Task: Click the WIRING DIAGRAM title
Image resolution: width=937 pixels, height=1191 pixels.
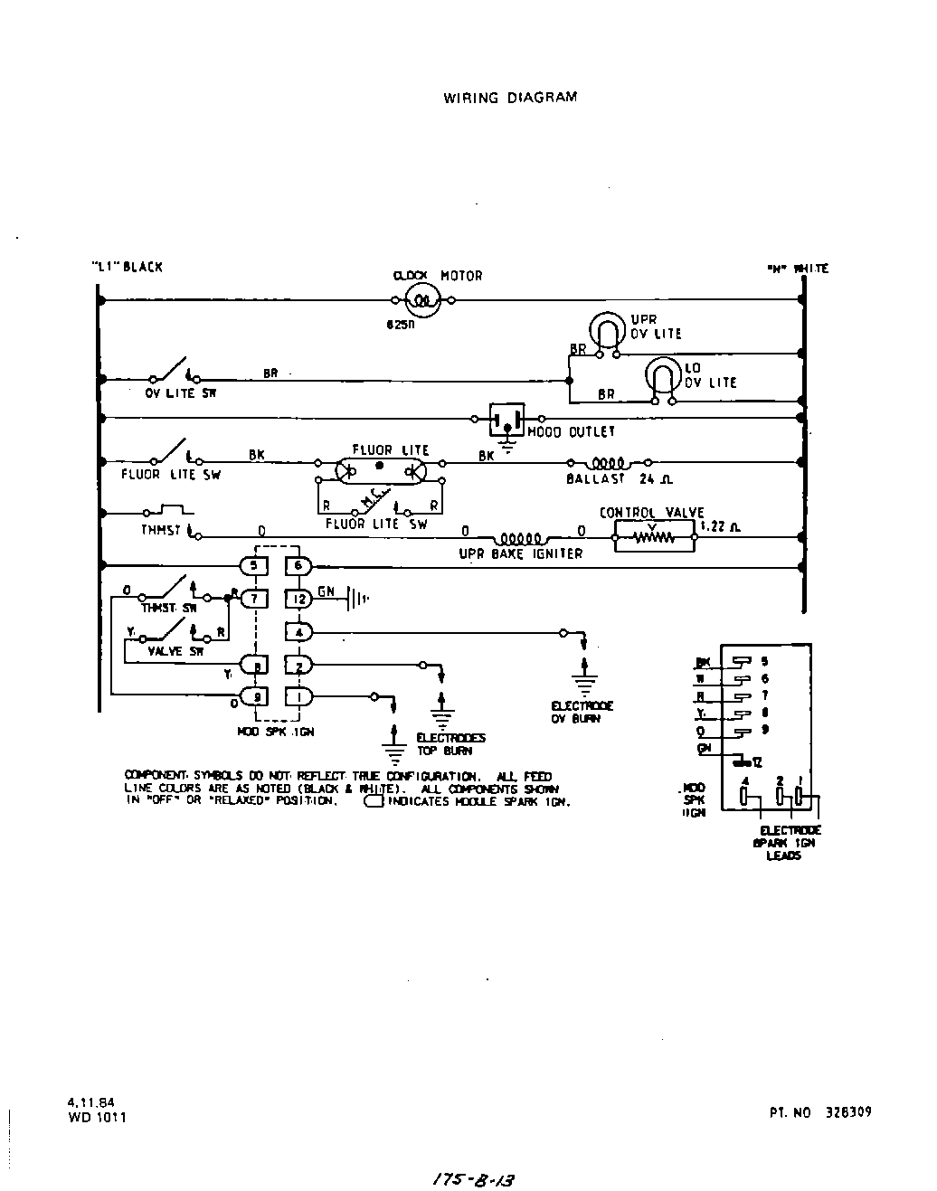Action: coord(509,98)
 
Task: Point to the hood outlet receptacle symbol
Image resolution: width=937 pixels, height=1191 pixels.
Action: coord(506,419)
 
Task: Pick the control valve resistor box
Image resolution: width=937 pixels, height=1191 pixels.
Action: coord(655,536)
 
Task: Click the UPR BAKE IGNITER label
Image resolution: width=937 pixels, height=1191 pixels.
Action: coord(521,553)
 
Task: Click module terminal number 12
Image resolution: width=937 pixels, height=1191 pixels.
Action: coord(299,598)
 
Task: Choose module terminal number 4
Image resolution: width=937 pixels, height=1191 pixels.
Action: coord(298,631)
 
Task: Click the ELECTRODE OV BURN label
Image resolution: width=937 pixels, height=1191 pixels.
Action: coord(582,712)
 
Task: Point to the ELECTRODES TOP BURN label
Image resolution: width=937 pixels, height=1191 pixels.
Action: coord(450,744)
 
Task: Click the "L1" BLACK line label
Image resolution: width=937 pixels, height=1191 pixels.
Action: coord(128,267)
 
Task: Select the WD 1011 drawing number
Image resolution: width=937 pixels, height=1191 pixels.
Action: coord(97,1117)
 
